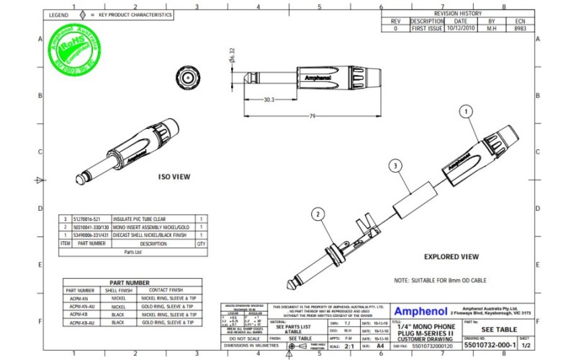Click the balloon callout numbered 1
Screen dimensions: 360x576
click(466, 112)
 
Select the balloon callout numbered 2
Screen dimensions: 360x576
click(318, 213)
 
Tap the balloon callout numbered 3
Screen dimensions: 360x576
click(395, 166)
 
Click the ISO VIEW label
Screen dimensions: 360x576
click(174, 176)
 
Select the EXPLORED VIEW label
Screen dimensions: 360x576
click(451, 256)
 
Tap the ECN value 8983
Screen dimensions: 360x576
click(521, 29)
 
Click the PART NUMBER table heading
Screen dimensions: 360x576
click(129, 283)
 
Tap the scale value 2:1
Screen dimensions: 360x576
click(350, 346)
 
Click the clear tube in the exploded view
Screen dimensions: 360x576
click(418, 193)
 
